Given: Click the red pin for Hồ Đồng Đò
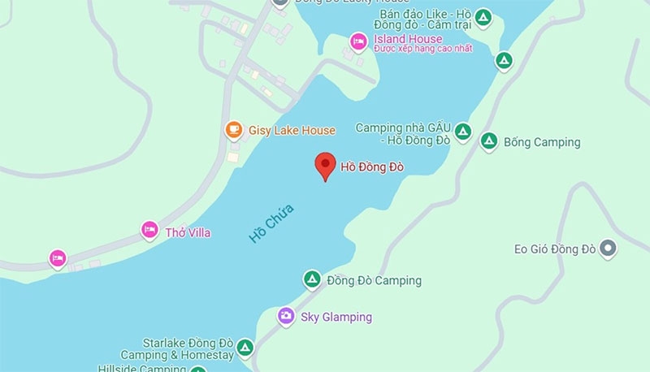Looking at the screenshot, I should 325,165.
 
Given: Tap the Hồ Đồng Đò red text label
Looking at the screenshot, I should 372,168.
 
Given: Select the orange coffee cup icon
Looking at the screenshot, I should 234,129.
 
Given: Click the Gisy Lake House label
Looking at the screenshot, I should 292,130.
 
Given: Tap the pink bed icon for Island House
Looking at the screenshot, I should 357,41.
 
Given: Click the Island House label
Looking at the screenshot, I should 408,39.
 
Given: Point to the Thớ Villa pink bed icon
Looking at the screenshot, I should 149,231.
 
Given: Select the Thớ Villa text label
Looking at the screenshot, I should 188,233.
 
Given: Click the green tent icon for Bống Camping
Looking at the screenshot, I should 488,141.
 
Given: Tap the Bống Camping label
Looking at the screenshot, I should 542,142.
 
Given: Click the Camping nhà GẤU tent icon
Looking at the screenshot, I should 462,130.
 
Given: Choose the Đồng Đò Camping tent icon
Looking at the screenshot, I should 311,279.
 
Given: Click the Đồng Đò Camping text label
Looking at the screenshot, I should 374,281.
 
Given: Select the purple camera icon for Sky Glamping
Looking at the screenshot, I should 285,315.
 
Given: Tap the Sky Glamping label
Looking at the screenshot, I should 336,317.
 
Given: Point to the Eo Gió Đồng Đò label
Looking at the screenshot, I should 556,249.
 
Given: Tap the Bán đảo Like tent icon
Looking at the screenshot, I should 483,18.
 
